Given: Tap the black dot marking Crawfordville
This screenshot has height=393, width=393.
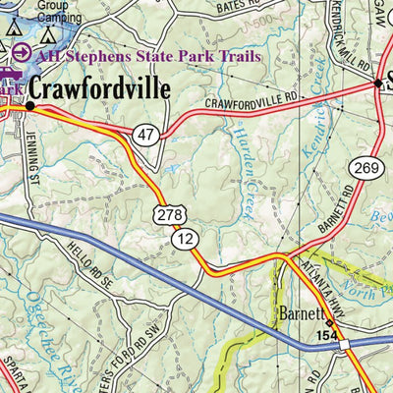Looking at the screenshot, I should pos(29,103).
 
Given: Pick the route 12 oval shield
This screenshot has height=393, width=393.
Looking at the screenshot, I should pos(183,238).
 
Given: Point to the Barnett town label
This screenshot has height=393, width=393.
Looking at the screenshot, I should pos(299,316).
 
